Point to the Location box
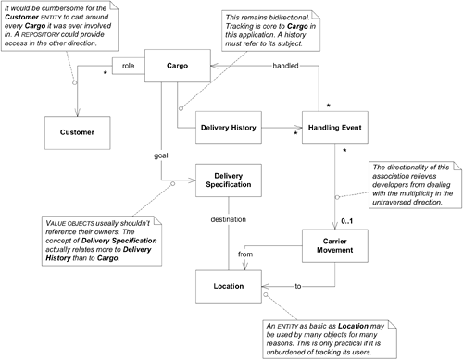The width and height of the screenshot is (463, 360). click(227, 286)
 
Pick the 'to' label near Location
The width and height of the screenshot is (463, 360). click(299, 287)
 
